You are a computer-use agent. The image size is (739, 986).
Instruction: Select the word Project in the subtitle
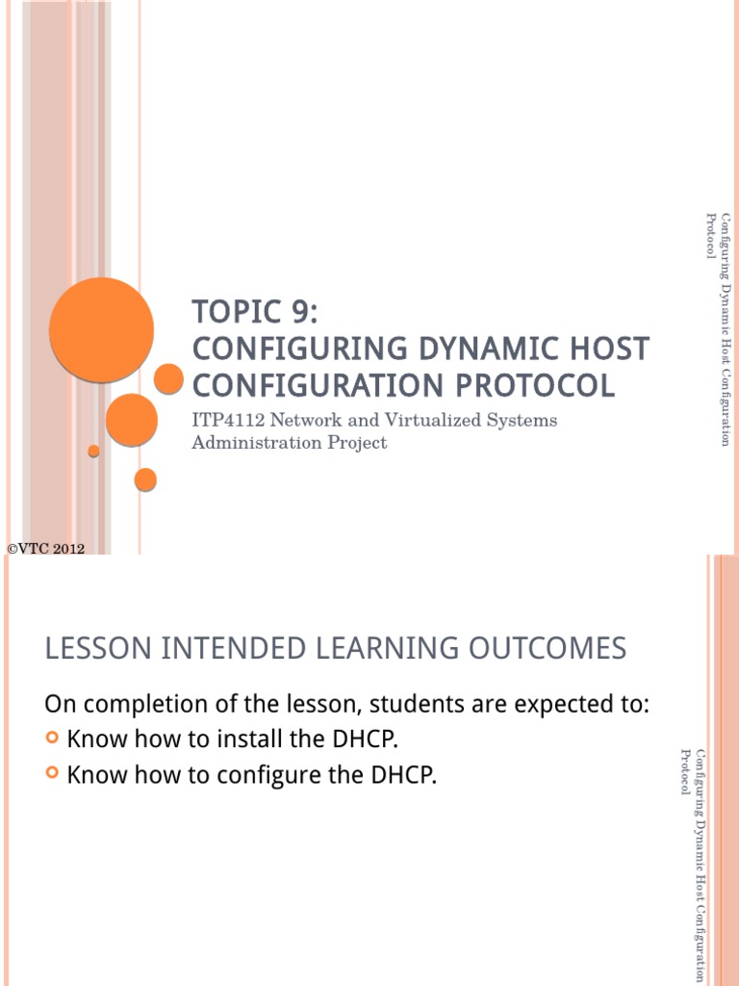[356, 443]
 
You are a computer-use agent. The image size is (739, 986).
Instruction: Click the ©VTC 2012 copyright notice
[46, 549]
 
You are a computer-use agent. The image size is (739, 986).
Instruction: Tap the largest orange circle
[101, 329]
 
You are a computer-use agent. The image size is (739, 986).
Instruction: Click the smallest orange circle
[93, 451]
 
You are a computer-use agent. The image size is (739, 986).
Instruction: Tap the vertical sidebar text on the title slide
[717, 327]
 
